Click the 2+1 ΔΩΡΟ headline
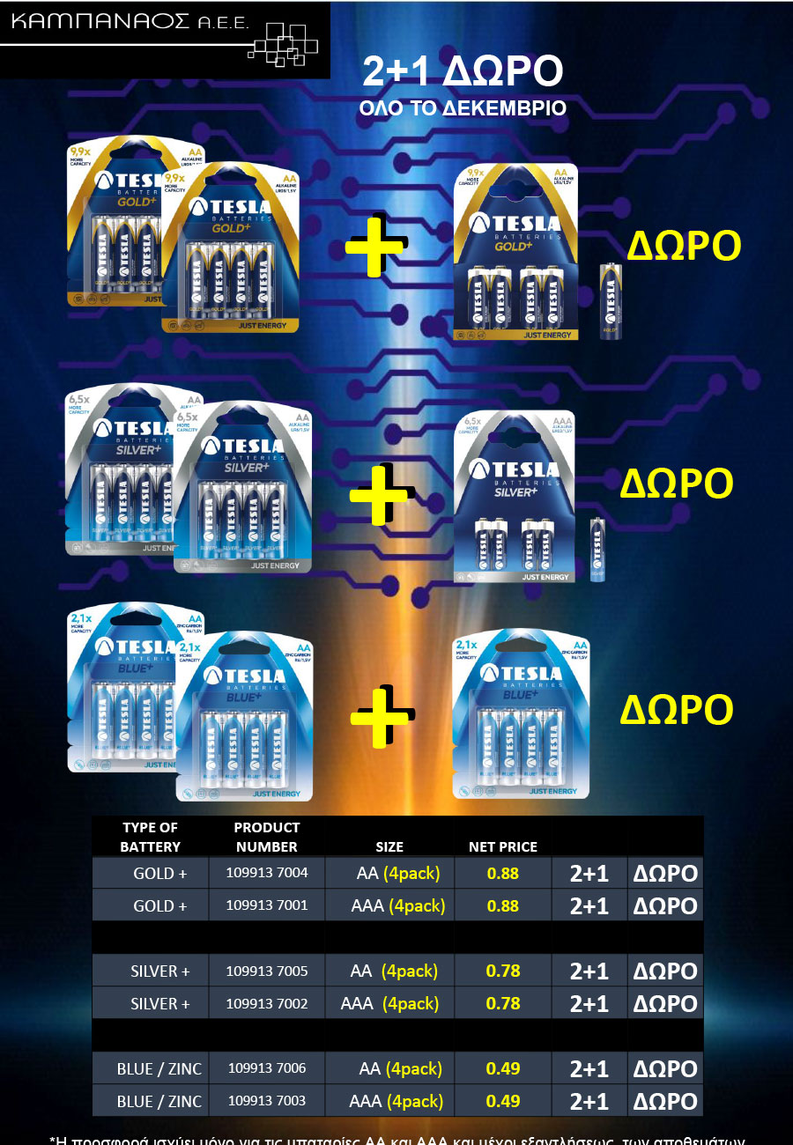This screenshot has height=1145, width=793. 463,73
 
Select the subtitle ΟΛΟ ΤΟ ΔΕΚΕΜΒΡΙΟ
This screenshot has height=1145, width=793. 462,108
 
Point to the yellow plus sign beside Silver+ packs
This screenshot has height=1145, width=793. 378,495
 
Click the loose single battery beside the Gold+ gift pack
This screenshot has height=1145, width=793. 611,301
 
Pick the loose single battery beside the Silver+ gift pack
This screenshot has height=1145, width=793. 597,550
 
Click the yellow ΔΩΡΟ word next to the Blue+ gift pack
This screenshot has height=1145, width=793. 676,710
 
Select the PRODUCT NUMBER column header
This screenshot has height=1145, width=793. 267,837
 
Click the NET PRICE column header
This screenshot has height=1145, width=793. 503,846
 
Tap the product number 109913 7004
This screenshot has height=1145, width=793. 267,874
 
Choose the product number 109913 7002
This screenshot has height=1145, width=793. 267,1003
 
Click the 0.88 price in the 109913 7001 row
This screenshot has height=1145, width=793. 503,905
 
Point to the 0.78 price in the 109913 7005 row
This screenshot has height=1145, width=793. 503,971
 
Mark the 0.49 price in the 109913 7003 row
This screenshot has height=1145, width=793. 503,1101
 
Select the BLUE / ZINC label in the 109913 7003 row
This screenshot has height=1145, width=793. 159,1101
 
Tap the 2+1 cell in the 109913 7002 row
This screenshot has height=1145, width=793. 589,1003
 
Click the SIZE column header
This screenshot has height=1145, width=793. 389,846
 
